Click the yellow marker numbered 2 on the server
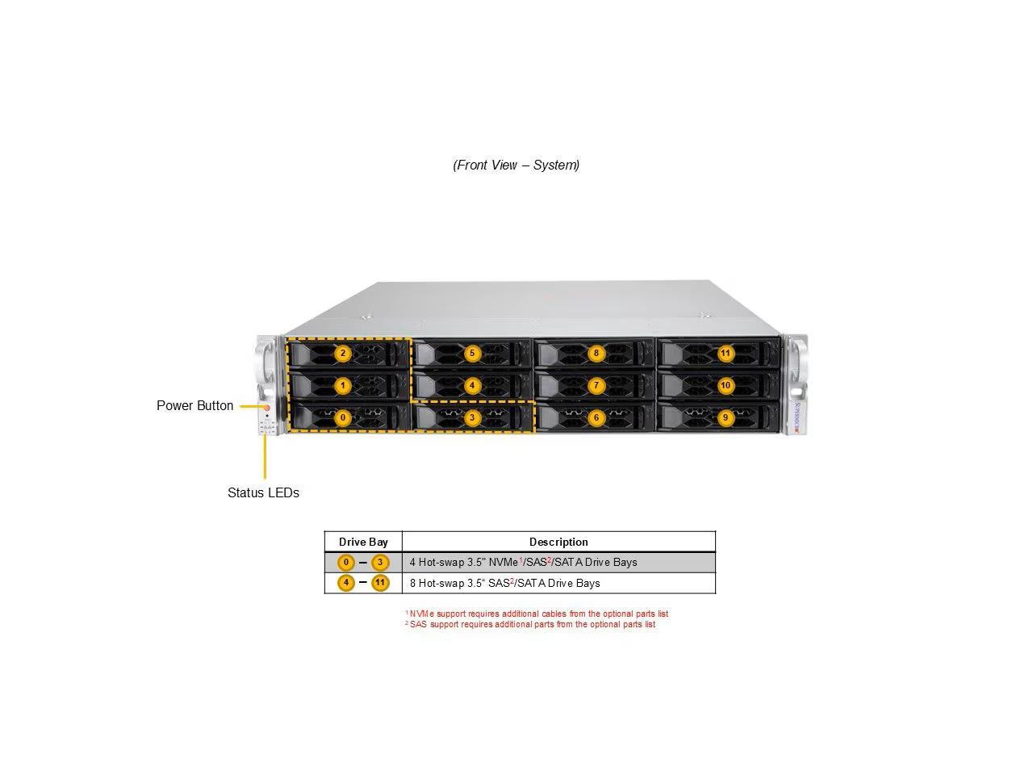point(343,353)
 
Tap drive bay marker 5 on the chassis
point(473,353)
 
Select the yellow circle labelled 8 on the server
point(596,353)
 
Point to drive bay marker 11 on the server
point(726,353)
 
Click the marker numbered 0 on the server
point(343,417)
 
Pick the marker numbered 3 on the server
point(473,417)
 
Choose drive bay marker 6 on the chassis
point(596,417)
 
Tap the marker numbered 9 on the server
point(726,417)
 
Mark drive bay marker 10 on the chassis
point(726,385)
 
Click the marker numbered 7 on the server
point(596,385)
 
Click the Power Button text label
point(194,405)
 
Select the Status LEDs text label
point(263,492)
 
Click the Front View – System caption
point(516,165)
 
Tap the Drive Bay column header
point(363,542)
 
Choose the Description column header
point(558,542)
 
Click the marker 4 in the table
point(346,583)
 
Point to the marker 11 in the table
point(380,583)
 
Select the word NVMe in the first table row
point(504,563)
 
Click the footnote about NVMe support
point(538,614)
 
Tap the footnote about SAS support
point(532,624)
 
